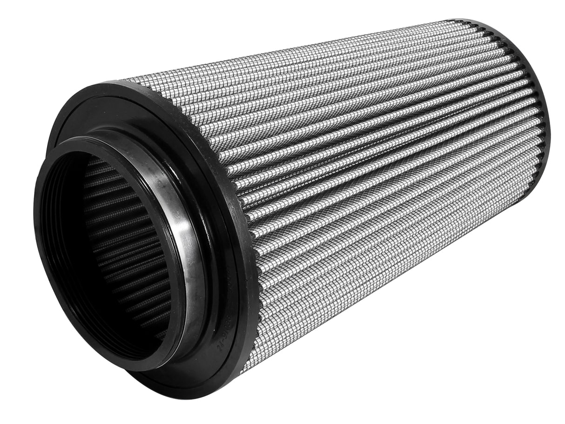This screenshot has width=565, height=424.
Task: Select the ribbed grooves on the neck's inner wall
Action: [x=56, y=242]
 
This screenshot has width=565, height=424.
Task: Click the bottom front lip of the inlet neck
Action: [x=140, y=368]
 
